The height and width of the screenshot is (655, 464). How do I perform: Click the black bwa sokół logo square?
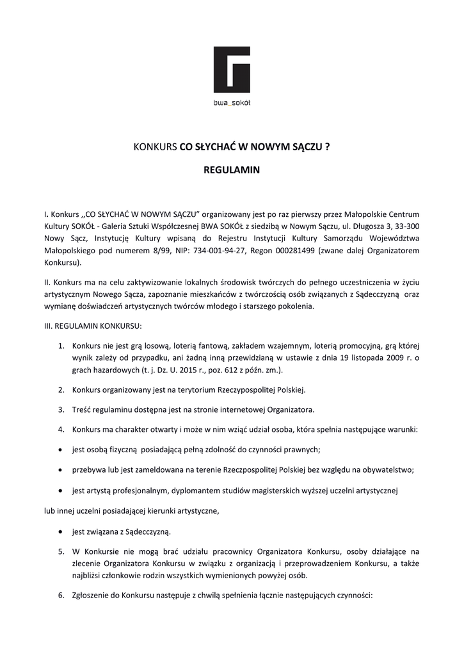pyautogui.click(x=232, y=70)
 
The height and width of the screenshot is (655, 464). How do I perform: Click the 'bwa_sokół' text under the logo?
pyautogui.click(x=232, y=102)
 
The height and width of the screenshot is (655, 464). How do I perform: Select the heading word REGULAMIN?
pyautogui.click(x=232, y=171)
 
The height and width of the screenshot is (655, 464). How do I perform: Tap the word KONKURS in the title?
pyautogui.click(x=154, y=146)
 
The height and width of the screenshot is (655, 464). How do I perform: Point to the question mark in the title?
pyautogui.click(x=328, y=146)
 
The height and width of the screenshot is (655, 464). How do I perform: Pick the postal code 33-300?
pyautogui.click(x=406, y=226)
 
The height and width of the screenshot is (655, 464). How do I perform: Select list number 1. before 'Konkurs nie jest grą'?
pyautogui.click(x=61, y=346)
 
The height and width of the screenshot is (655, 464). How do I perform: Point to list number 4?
pyautogui.click(x=61, y=429)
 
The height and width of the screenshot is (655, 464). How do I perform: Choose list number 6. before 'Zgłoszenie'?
pyautogui.click(x=61, y=594)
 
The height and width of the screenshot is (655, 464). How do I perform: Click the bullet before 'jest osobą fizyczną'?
pyautogui.click(x=60, y=449)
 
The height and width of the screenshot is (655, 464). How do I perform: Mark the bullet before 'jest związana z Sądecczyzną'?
pyautogui.click(x=60, y=532)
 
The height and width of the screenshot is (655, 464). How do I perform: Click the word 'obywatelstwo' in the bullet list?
pyautogui.click(x=391, y=470)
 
